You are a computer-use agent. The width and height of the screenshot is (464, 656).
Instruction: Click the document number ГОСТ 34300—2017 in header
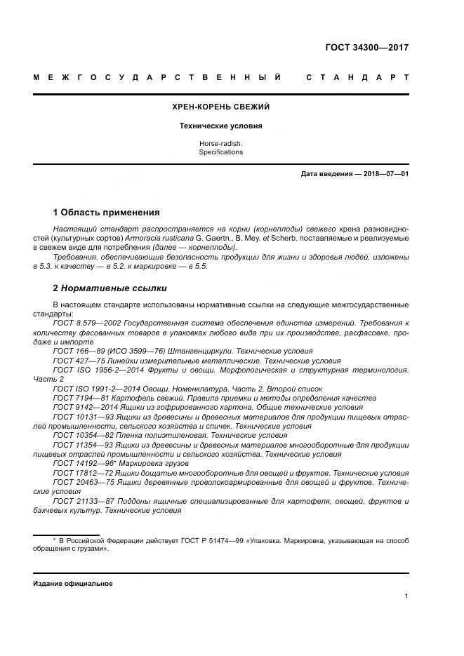366,48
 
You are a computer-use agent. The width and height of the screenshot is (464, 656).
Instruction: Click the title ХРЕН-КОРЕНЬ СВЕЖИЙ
220,107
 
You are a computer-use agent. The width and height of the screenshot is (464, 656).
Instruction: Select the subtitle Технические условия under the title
220,126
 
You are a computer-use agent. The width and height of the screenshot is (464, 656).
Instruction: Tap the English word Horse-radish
220,144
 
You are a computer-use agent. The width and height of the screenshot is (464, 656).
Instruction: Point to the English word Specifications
220,152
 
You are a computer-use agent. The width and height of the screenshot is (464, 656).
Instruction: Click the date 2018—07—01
383,174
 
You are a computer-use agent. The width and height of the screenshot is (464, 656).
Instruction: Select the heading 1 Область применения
106,213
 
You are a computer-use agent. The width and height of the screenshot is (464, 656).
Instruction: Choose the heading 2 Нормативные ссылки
110,288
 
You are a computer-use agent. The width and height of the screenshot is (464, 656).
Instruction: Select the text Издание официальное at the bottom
72,583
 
